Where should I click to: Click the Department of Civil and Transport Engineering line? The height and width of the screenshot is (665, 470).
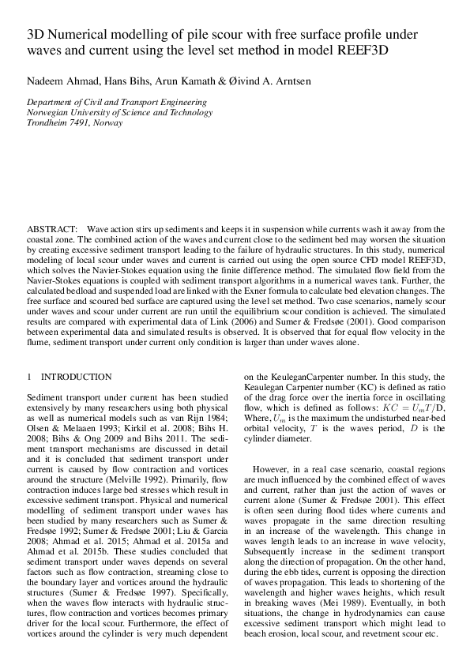[x=117, y=103]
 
